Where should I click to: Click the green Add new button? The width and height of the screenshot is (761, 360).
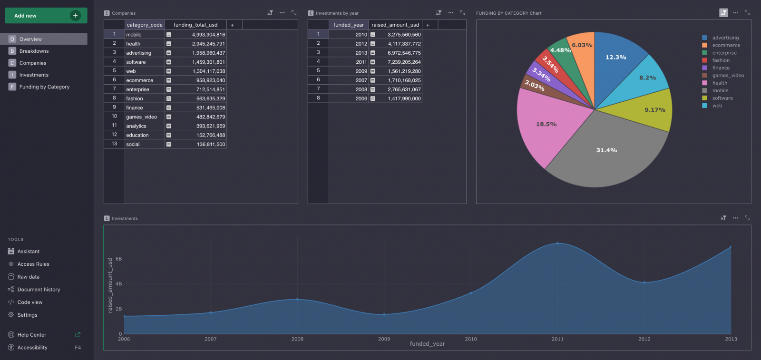(x=46, y=16)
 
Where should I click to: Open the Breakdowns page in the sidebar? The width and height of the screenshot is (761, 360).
(x=34, y=51)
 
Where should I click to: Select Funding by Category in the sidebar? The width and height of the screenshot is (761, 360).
(x=44, y=87)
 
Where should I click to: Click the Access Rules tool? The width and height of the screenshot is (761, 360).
(x=33, y=264)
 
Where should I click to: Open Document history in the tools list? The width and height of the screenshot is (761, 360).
(x=39, y=289)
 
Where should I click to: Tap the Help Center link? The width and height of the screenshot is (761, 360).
(x=32, y=335)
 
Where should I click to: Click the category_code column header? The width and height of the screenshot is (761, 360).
(x=145, y=25)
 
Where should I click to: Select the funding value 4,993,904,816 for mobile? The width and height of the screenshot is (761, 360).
(x=208, y=35)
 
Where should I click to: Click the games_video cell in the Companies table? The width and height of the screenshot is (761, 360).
(x=141, y=117)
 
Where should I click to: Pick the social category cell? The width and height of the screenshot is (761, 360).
(x=133, y=145)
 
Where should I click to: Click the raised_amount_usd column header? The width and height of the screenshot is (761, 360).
(x=395, y=25)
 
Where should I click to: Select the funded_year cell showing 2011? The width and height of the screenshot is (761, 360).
(x=361, y=62)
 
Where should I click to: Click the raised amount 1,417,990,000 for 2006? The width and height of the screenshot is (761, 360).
(x=404, y=98)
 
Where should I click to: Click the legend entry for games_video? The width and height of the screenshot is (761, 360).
(x=728, y=76)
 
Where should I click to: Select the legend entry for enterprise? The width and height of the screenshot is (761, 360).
(x=724, y=53)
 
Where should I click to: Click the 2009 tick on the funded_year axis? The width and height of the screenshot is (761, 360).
(x=384, y=339)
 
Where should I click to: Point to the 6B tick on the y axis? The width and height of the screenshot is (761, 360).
(x=119, y=259)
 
